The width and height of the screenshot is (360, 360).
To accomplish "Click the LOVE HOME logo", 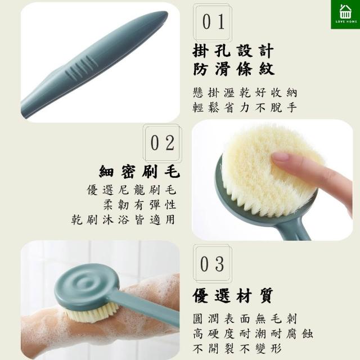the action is coord(345,14).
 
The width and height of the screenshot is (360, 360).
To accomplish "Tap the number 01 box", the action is coord(213,22).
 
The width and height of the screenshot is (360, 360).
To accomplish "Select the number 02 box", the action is coord(163,143).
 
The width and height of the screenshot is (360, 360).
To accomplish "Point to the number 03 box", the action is coord(213,263).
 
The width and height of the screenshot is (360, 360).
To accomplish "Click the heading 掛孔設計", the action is coord(233,51).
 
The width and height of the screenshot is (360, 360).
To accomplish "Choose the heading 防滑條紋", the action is coord(233,69).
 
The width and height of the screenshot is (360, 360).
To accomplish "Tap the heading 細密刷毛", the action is coord(139,172).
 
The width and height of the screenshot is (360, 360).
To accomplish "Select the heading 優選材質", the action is coord(233,295).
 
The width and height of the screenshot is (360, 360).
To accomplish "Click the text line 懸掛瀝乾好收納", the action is coord(245,92).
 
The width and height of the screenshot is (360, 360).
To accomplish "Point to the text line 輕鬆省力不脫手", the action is coord(245,107).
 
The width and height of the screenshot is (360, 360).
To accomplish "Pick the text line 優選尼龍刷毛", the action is coord(132,190).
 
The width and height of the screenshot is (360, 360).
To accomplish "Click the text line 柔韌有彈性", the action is coord(139,205).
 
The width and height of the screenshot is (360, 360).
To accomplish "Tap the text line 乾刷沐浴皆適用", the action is coord(123,219).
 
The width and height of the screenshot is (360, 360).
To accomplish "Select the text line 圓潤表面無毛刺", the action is coord(245,319).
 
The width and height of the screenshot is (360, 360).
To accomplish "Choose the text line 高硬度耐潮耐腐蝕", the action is coord(253,334).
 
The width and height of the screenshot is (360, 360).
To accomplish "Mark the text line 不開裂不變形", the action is coord(237,349).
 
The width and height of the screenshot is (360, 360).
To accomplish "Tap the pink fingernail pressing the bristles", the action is coord(280,156).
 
